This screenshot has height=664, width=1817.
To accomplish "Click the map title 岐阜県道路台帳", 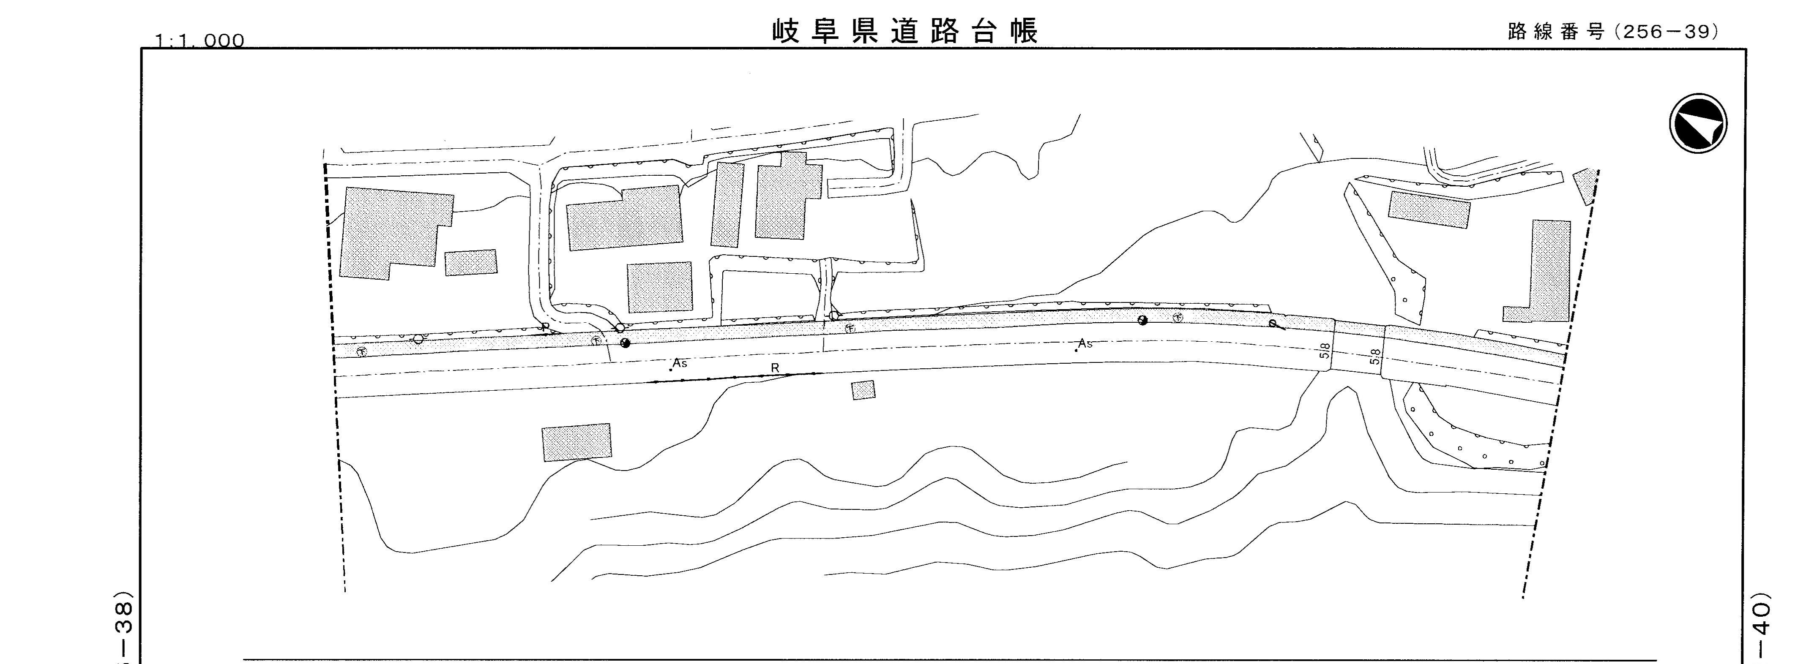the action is point(905,32).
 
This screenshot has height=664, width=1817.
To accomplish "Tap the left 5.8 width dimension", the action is point(1325,350).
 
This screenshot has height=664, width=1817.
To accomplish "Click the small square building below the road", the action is point(863,390).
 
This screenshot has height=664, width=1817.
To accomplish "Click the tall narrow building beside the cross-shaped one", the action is point(728,204).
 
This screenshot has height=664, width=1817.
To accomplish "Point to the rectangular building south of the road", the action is point(576,442).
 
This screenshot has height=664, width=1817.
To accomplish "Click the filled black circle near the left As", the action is point(624,344).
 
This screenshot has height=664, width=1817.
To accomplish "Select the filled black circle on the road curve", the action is point(1143,321).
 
